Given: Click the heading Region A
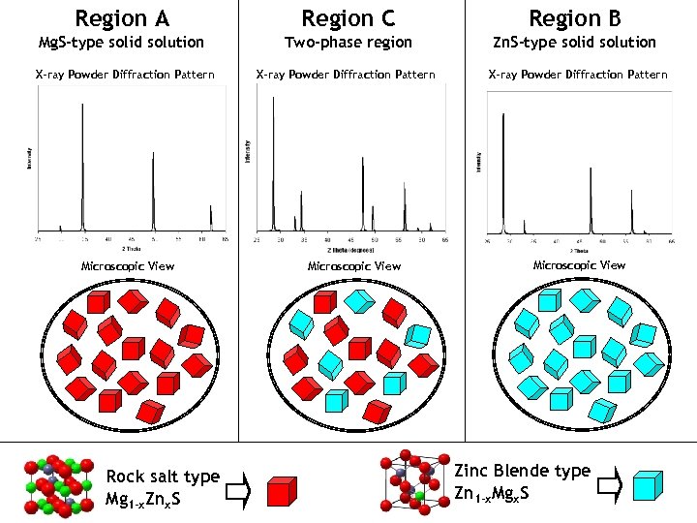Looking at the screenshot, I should point(121,17).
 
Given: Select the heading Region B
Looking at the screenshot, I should point(574,17).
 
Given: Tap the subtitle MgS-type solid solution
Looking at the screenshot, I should point(121,43).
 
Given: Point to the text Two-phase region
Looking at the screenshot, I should point(348,43).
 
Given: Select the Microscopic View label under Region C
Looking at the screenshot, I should point(353,266).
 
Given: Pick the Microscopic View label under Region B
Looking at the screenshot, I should point(580,265).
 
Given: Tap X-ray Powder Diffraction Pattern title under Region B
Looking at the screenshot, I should point(578,75).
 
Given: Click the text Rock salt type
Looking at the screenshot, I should point(163,477).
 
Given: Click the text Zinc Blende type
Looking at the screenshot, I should point(523,471).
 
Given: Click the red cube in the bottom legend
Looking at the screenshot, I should point(281,491).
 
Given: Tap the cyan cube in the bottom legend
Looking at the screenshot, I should point(648,486).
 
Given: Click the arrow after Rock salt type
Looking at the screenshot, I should point(238,494).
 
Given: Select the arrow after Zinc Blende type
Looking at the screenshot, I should point(610,485).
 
